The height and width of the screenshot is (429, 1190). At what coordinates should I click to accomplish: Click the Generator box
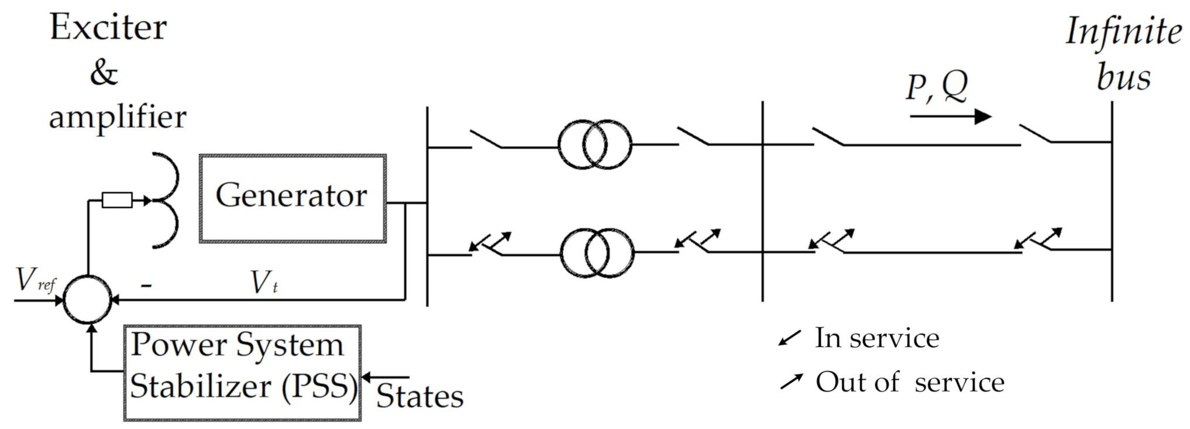(292, 198)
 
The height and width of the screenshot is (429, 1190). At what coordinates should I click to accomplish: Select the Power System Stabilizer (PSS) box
(242, 373)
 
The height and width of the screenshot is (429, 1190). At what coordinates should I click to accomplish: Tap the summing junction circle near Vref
(87, 299)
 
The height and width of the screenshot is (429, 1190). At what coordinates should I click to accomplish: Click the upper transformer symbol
(594, 144)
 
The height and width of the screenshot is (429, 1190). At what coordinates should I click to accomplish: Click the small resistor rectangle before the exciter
(117, 200)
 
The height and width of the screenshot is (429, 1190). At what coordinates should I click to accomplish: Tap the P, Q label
(937, 87)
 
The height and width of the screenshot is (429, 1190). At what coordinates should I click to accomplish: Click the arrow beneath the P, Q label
(950, 116)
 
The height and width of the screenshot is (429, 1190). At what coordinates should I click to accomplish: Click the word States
(419, 397)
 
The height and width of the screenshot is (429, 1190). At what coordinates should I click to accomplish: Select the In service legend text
(876, 338)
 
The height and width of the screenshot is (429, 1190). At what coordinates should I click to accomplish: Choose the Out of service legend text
(910, 383)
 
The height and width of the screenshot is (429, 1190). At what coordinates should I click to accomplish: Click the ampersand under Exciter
(104, 73)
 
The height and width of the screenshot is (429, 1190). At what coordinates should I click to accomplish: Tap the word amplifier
(117, 116)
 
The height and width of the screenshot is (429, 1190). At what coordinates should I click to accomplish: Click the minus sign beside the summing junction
(147, 285)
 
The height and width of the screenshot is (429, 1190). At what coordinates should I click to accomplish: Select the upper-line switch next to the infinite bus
(1036, 134)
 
